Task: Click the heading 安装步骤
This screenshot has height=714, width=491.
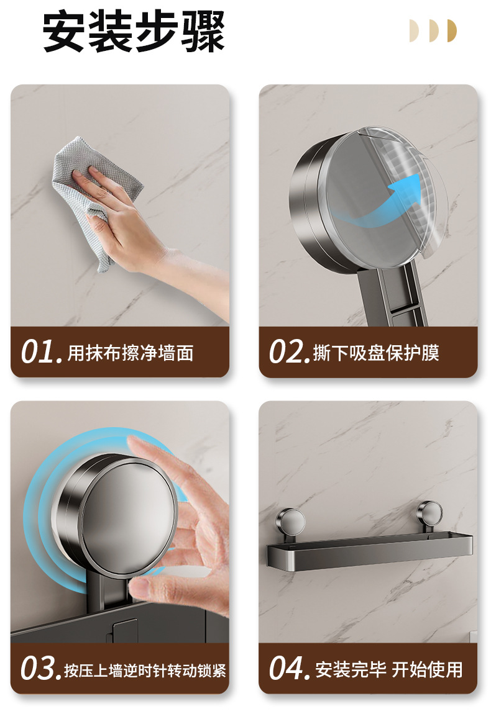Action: click(x=134, y=32)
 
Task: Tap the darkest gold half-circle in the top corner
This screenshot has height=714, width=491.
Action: click(x=452, y=30)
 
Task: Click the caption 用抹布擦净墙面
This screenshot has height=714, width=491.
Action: click(x=131, y=353)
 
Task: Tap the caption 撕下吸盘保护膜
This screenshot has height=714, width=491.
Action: click(x=376, y=353)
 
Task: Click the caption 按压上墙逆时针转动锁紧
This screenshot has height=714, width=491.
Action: click(x=145, y=670)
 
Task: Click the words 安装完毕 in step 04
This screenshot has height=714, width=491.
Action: click(x=350, y=670)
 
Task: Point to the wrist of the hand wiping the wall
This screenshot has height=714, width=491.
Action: click(x=158, y=258)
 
